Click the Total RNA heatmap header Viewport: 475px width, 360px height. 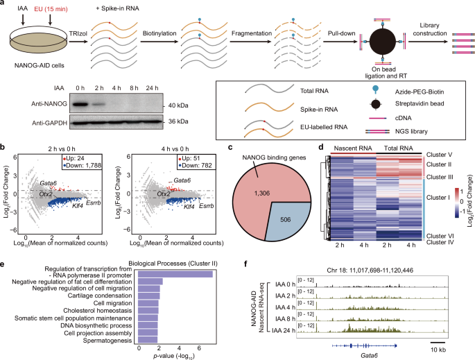(397, 148)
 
